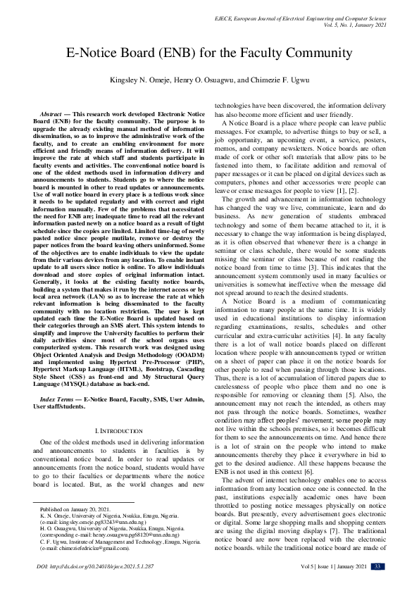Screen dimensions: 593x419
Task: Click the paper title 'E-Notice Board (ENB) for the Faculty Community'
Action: (209, 54)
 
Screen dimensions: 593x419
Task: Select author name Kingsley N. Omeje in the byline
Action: (143, 80)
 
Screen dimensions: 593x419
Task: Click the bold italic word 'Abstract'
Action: (51, 113)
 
